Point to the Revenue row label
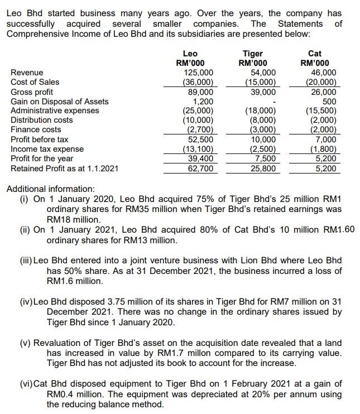point(27,73)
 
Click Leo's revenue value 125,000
point(198,73)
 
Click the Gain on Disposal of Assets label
point(60,101)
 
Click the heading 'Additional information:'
point(50,189)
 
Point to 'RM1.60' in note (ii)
point(339,229)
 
